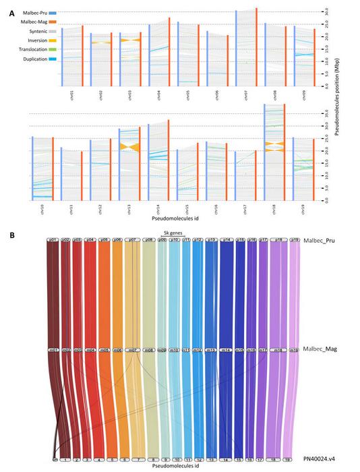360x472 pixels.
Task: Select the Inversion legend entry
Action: pos(40,40)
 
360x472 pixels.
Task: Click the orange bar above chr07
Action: pos(257,47)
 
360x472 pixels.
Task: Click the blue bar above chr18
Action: pos(265,152)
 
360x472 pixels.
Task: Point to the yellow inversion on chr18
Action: pos(274,146)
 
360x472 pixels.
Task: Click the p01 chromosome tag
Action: pos(53,241)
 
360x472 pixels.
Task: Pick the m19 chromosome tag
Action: pos(294,350)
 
